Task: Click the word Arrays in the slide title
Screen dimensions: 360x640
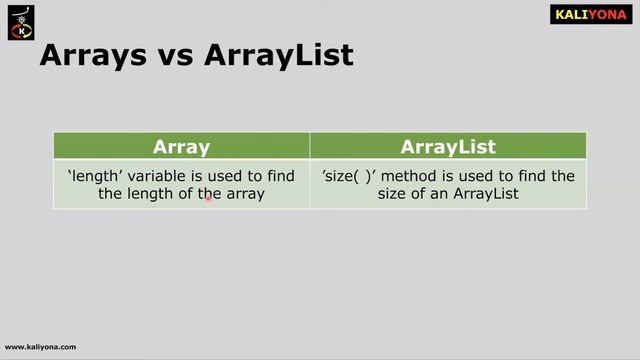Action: click(89, 55)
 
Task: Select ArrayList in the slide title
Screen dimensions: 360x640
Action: click(277, 55)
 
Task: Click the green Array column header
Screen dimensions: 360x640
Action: click(181, 146)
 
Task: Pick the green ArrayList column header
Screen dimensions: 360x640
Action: click(448, 146)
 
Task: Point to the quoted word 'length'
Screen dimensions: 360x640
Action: click(93, 177)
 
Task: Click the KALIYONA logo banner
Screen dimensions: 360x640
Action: click(592, 14)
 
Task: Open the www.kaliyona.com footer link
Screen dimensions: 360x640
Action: click(40, 347)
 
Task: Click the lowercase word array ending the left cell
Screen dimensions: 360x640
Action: click(245, 194)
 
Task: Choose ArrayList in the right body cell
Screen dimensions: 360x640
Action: click(484, 194)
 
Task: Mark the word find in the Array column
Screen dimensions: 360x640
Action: click(279, 176)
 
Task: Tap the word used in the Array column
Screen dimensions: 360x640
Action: click(226, 176)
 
